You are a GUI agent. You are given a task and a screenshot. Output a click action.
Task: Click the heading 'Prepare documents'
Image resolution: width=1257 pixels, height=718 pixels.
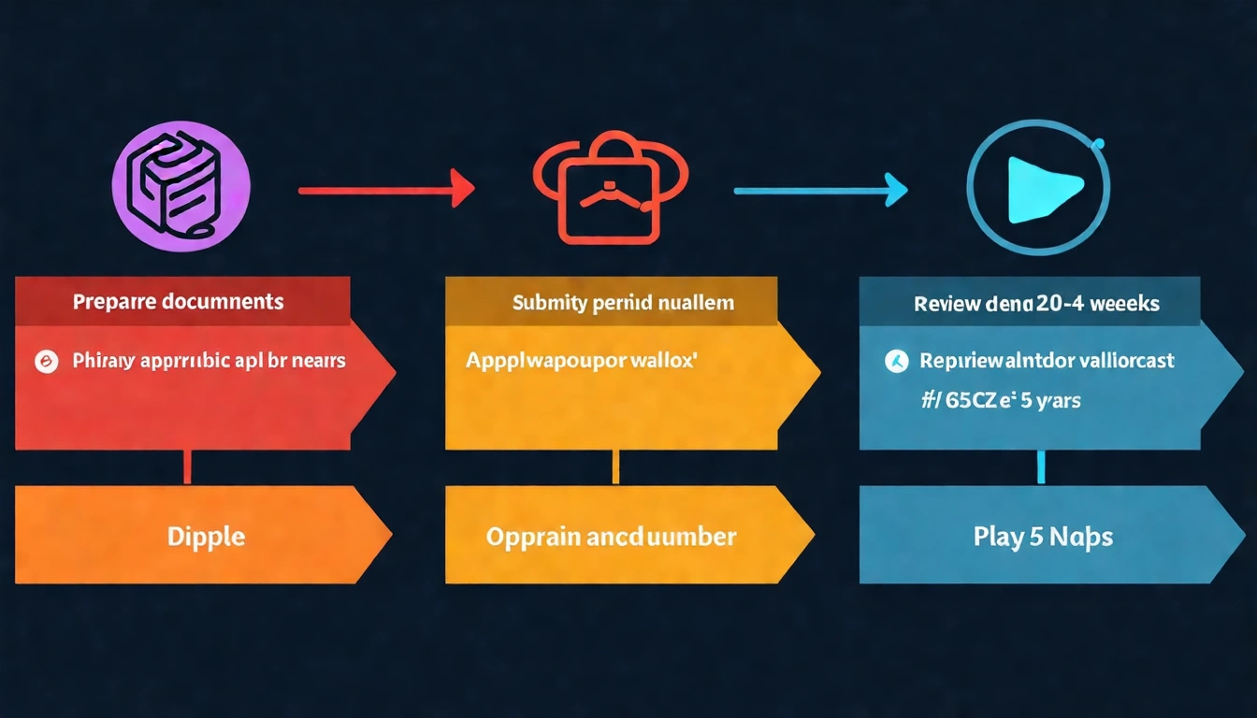point(178,302)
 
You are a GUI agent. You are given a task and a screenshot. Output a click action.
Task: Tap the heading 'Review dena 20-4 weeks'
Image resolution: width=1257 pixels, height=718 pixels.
point(1036,303)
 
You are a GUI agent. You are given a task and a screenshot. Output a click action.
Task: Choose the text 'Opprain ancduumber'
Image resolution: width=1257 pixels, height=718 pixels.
point(611,537)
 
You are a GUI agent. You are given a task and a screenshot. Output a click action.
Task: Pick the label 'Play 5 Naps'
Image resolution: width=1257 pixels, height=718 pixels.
point(1043,538)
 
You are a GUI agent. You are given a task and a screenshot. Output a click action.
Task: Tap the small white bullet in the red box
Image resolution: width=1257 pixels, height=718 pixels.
point(43,361)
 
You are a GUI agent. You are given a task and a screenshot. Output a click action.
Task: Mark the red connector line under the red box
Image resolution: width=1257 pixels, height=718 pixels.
point(187,467)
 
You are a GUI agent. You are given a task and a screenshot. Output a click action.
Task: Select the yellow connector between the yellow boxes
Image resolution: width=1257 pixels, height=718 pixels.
point(614,467)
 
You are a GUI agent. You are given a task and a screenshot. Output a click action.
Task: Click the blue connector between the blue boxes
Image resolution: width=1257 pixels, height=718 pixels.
point(1041,467)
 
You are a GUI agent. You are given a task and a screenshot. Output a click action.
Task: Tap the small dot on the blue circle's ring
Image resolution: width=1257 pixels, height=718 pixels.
point(1098,144)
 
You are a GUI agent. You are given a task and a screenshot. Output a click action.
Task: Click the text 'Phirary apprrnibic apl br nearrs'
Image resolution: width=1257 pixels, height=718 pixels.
point(209,360)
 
